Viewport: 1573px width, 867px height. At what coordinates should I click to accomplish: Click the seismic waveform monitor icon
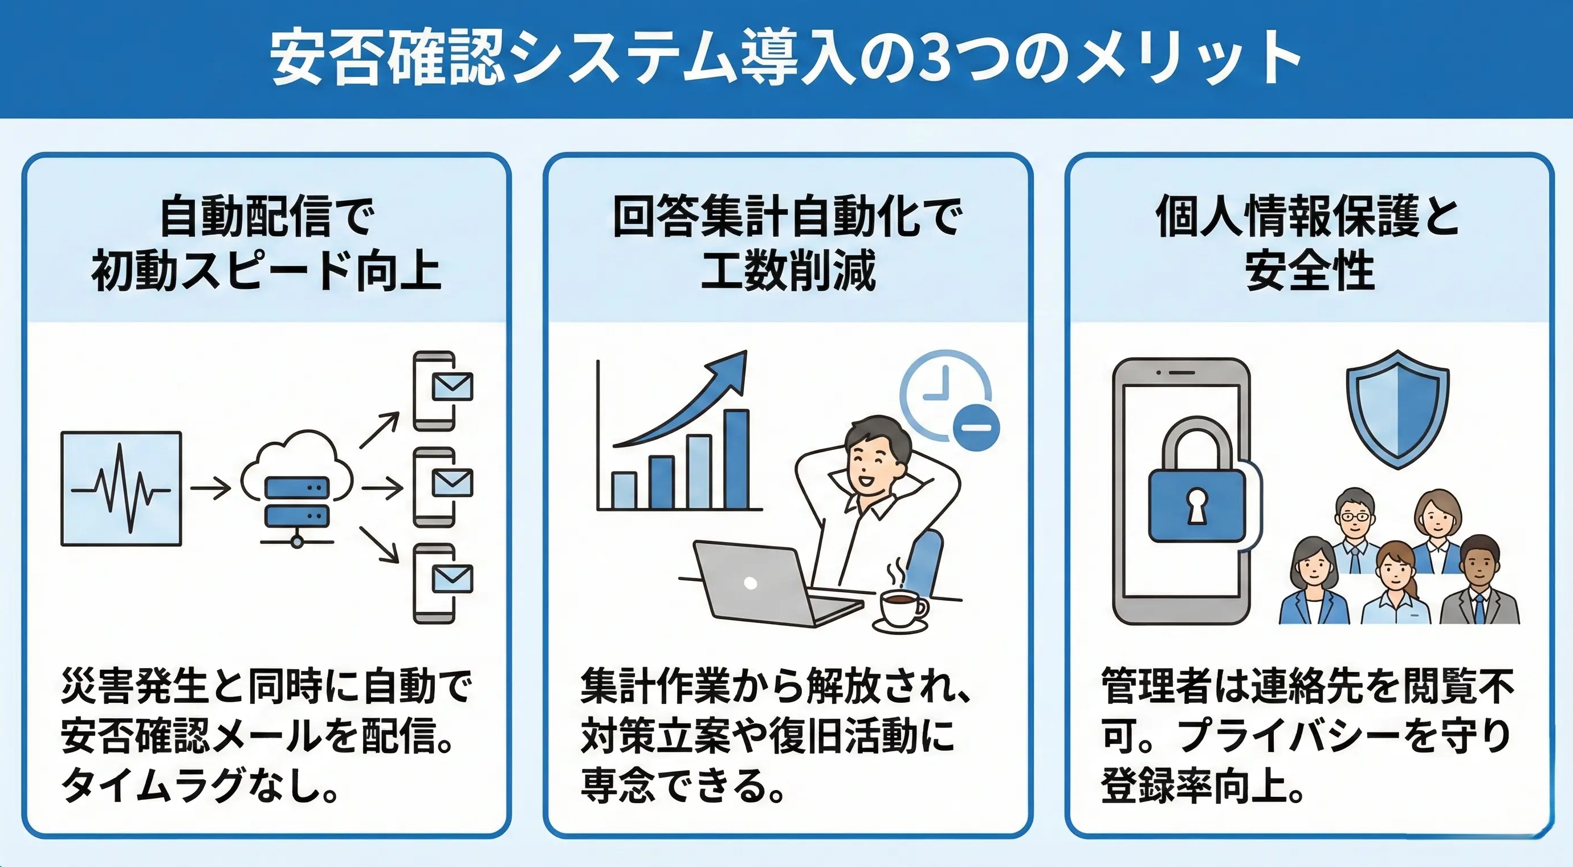coord(121,489)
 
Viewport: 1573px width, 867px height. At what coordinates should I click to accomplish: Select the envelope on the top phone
coord(452,386)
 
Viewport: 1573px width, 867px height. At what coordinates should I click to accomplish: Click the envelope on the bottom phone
coord(452,579)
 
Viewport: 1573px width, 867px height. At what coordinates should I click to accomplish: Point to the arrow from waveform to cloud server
coord(211,489)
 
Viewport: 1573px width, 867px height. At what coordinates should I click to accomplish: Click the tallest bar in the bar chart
coord(736,459)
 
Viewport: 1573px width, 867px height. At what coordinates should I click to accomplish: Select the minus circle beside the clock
coord(976,425)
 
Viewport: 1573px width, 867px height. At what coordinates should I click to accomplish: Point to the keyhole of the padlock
coord(1196,507)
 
